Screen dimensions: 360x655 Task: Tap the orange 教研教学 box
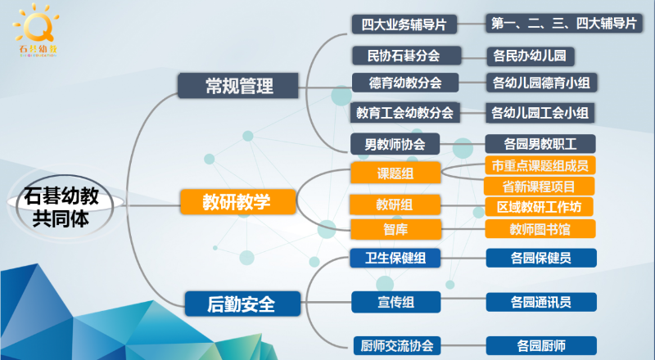237,200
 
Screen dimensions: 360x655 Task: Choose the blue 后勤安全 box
241,304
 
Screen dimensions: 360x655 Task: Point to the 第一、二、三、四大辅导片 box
563,25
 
